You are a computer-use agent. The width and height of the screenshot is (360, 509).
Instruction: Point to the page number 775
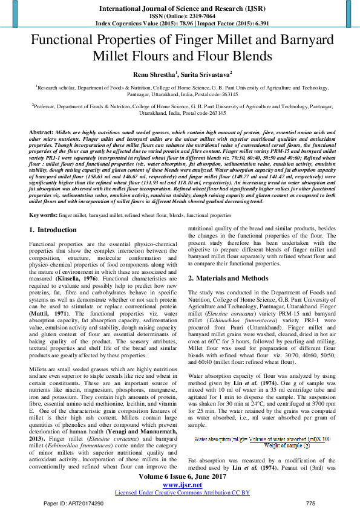tap(311, 503)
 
